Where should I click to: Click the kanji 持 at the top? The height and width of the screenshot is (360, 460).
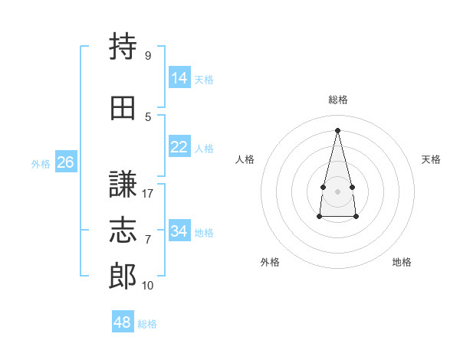click(x=123, y=47)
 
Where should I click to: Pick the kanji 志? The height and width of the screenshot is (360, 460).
click(x=123, y=230)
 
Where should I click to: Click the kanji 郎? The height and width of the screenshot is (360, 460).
click(x=123, y=276)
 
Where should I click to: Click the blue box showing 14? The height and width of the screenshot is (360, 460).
click(x=179, y=78)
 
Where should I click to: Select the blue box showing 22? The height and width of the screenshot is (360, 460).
click(x=179, y=147)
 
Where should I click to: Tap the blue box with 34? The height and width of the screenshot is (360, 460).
click(x=179, y=231)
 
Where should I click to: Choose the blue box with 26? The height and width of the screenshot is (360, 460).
click(x=65, y=162)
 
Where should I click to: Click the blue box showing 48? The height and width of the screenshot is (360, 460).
click(x=123, y=322)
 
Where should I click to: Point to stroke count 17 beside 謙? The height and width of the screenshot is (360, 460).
click(x=148, y=194)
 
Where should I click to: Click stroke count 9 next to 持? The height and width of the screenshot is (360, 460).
click(x=147, y=56)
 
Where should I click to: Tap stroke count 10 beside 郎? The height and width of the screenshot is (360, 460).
click(x=148, y=286)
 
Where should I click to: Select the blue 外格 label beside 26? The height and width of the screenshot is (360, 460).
click(x=41, y=163)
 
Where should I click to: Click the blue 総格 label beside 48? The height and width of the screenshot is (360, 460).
click(x=147, y=324)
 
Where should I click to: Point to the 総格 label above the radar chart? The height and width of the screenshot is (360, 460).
click(x=337, y=100)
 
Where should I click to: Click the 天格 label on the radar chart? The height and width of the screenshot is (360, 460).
click(x=431, y=159)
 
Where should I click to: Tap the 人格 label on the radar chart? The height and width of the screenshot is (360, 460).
click(x=245, y=159)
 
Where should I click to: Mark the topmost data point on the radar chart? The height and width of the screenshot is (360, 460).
click(x=337, y=130)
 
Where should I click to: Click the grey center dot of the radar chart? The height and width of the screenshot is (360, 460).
click(x=337, y=191)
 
